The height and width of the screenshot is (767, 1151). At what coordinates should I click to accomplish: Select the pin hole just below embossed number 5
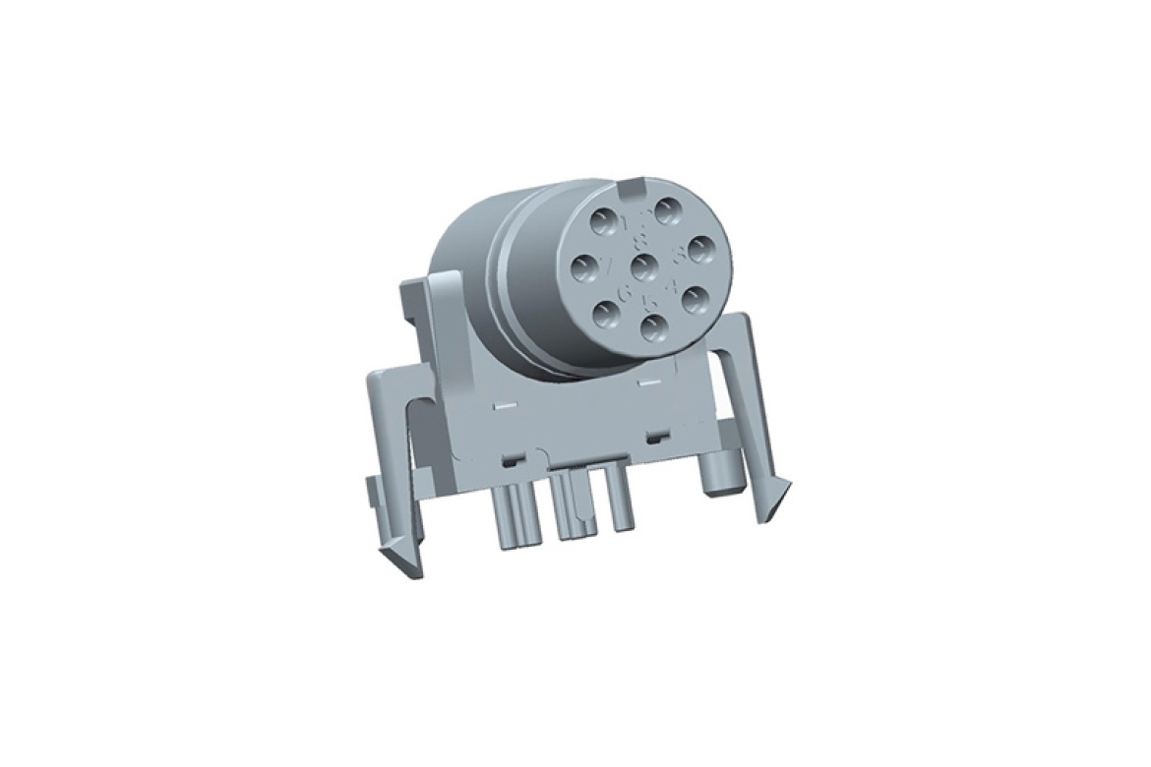[653, 324]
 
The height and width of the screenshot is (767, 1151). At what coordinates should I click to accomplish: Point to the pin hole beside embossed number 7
[585, 267]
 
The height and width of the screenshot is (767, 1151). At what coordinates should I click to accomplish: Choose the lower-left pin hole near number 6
[607, 314]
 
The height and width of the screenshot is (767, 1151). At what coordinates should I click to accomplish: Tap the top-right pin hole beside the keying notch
[670, 210]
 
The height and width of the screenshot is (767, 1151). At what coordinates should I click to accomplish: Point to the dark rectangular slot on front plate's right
[652, 435]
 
